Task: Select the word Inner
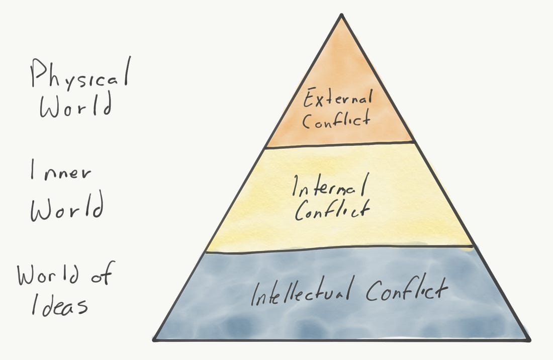(61, 170)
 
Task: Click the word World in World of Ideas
(48, 275)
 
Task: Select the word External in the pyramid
(337, 98)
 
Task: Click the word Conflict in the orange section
(336, 120)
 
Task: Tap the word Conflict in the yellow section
(332, 210)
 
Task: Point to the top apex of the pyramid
(341, 15)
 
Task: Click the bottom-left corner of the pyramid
(154, 340)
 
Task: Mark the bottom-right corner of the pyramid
(529, 340)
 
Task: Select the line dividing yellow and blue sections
(339, 248)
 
